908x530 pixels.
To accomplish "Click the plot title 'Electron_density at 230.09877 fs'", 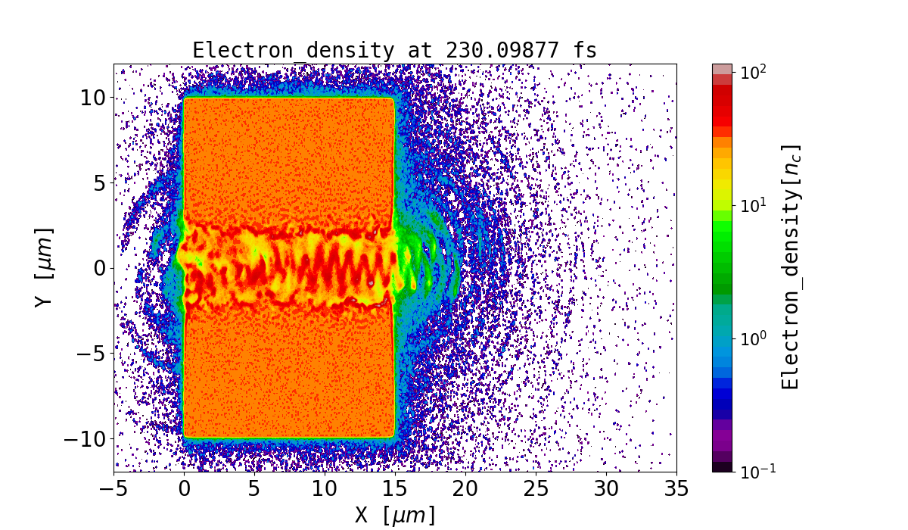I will coord(394,50).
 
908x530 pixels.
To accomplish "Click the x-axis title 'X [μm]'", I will coord(394,515).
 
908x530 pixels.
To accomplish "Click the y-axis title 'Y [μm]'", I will coord(43,267).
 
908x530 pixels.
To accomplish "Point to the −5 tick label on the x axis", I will coord(114,489).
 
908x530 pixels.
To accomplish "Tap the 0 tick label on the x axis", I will coord(185,489).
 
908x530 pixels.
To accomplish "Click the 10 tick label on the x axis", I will coord(325,489).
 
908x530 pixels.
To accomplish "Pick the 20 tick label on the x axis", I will coord(465,489).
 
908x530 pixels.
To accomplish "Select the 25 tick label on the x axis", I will coord(536,489).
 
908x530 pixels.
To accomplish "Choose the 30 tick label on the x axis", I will coord(606,489).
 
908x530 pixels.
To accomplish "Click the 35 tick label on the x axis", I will coord(676,489).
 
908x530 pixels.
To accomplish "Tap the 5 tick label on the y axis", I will coord(97,182).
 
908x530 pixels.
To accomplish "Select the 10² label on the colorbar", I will coord(753,72).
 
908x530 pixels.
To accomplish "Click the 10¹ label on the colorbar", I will coord(753,205).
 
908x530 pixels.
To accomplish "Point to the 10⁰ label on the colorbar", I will coord(753,338).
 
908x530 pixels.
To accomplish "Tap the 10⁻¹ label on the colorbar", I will coord(755,471).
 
